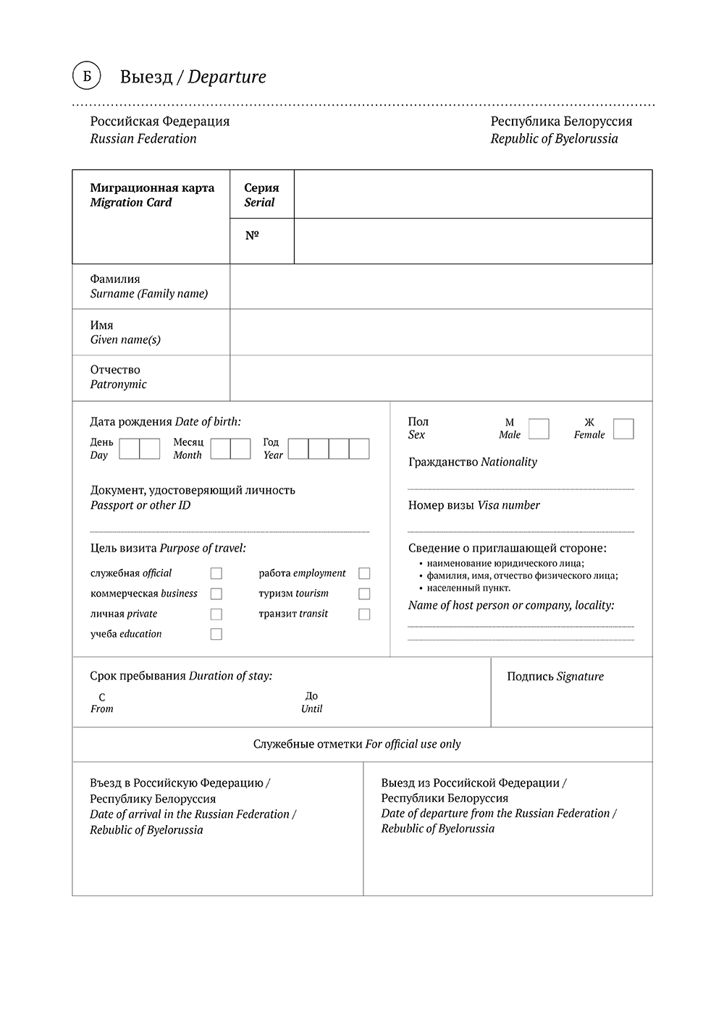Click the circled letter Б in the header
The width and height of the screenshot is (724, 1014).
[x=86, y=76]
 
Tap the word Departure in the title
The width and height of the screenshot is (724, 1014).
[x=227, y=77]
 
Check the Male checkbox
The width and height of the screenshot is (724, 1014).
[x=539, y=429]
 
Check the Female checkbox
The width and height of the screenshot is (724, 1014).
[x=623, y=429]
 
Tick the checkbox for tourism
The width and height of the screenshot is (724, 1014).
[x=364, y=594]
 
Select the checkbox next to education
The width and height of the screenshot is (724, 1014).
[x=216, y=634]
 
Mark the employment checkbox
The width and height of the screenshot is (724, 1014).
[x=364, y=573]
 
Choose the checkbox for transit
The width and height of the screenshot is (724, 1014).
[x=364, y=614]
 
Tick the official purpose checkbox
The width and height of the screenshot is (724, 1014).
[x=216, y=573]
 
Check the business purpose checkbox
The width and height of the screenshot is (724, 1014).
[x=216, y=594]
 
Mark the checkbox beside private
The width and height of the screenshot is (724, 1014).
[x=216, y=614]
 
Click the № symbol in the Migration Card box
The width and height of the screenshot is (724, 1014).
[x=252, y=235]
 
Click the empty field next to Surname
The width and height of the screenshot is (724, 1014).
[x=440, y=287]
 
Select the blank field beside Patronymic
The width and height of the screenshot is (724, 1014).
[x=440, y=378]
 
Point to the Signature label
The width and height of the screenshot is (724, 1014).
[x=555, y=677]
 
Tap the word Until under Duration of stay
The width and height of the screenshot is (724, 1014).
[x=311, y=709]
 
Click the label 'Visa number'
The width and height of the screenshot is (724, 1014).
[x=508, y=505]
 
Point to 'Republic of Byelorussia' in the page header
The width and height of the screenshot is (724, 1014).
[x=554, y=139]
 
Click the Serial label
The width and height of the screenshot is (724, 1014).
[x=259, y=203]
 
